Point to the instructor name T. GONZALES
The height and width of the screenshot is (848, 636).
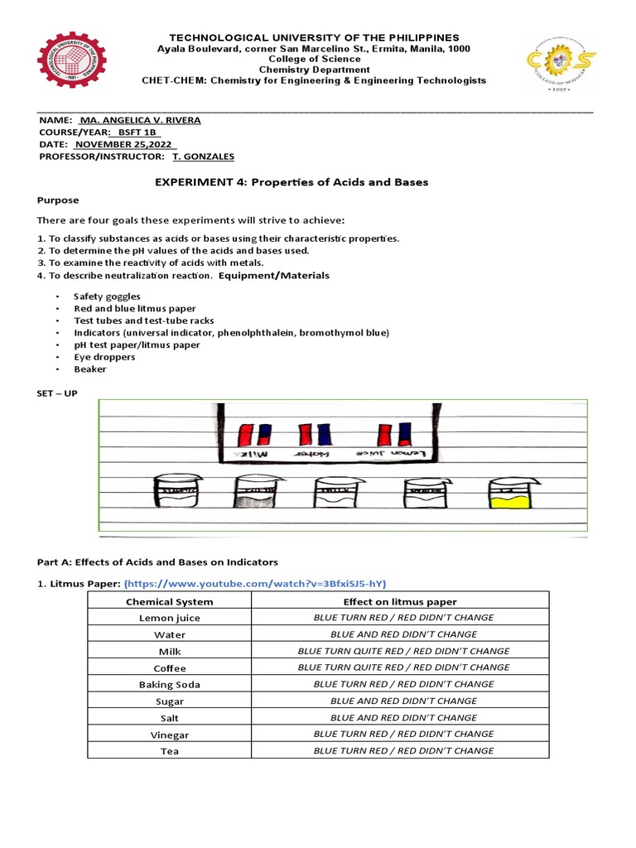203,157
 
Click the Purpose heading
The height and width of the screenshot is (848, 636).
58,200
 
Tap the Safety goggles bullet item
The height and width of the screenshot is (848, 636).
107,296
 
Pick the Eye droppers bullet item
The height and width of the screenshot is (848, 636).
102,357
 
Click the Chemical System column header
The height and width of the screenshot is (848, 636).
169,602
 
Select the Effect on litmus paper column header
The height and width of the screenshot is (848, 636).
400,602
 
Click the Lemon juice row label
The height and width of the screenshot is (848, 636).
169,619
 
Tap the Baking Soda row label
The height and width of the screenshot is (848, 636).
169,685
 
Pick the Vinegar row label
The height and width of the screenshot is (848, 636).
169,735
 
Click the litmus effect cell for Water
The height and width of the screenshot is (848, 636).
403,634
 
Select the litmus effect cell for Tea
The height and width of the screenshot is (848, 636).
403,751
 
